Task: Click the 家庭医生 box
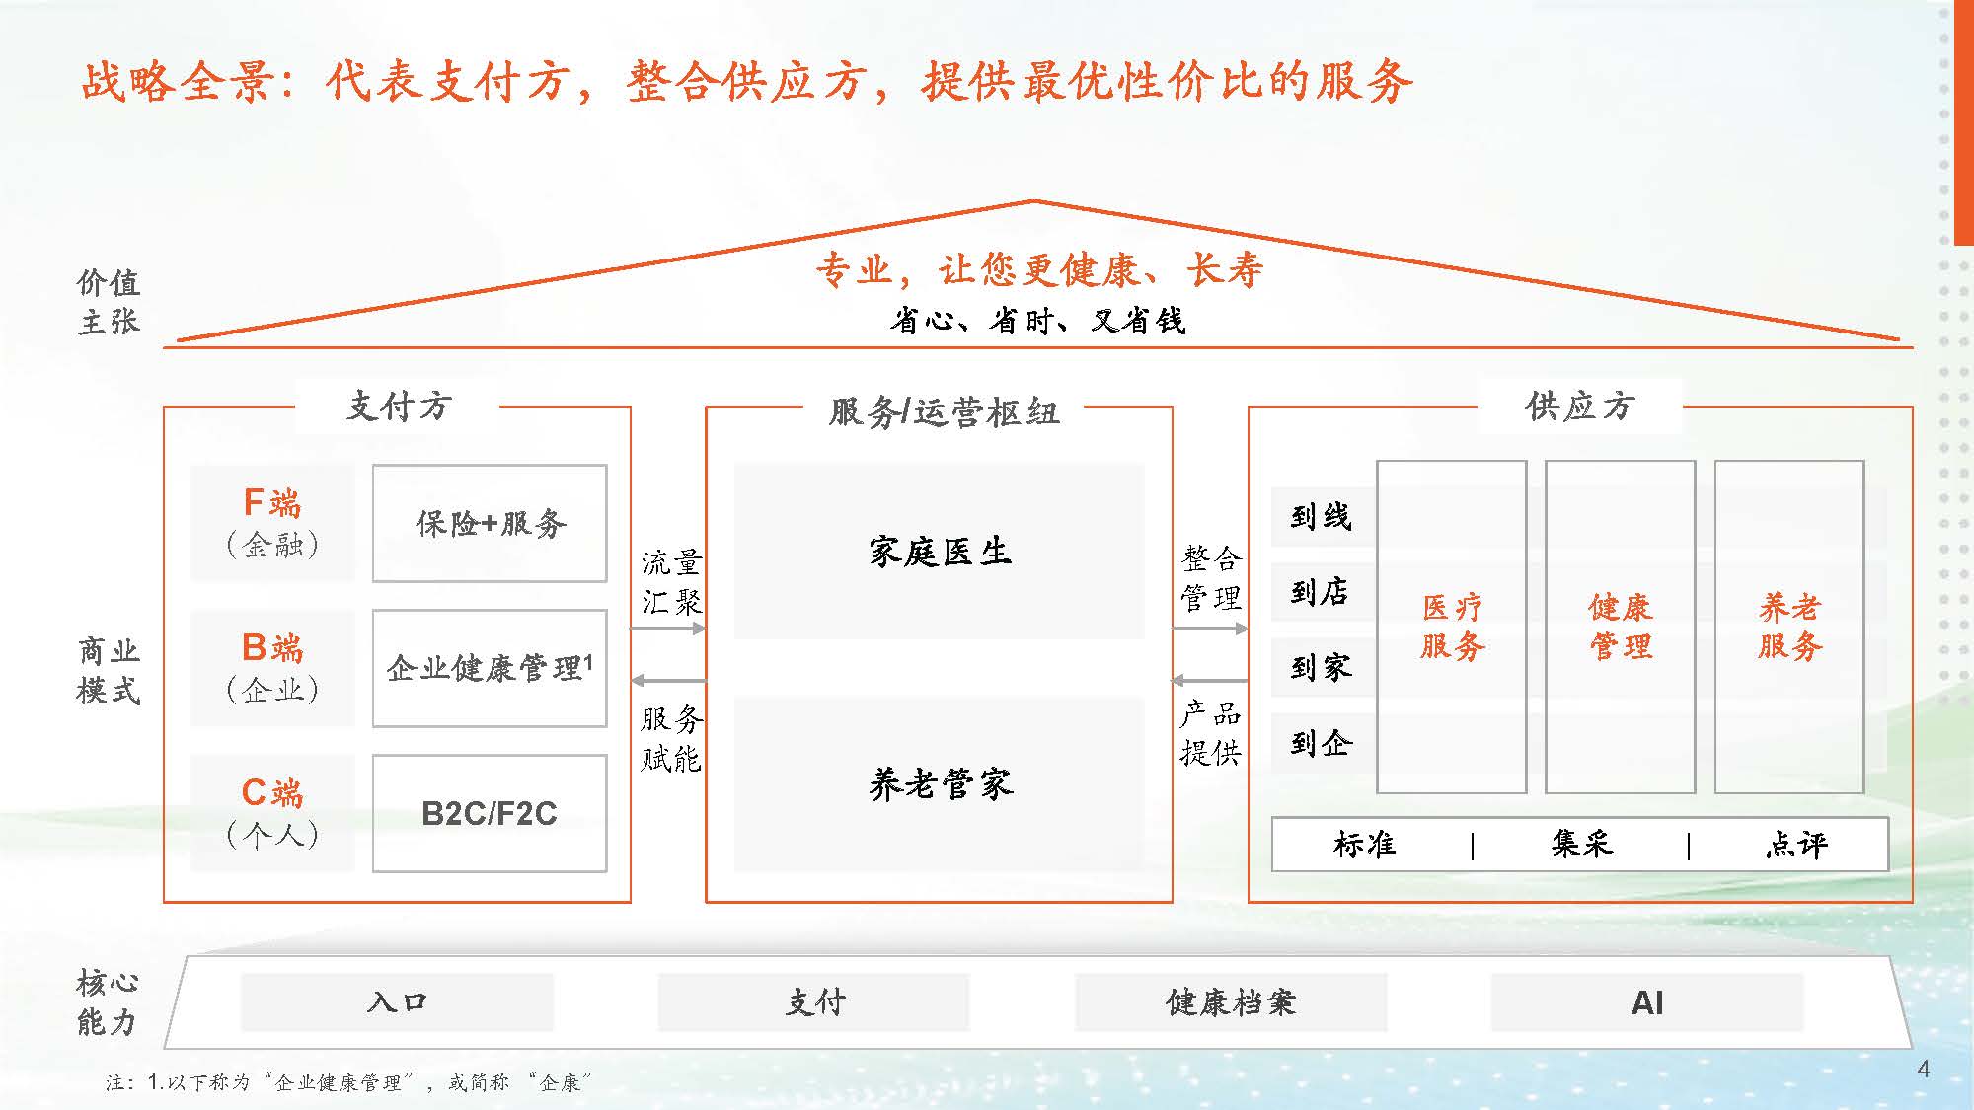tap(940, 552)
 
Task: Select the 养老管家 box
tap(940, 784)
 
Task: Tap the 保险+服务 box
tap(490, 523)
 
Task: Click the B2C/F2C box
tap(490, 813)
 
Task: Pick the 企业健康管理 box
tap(490, 668)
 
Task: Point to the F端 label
tap(272, 503)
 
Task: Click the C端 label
tap(272, 793)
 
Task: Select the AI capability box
tap(1646, 1002)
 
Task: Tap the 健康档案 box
tap(1230, 1002)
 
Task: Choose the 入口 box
tap(397, 1002)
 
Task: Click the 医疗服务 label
tap(1452, 627)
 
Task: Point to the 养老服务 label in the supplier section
tap(1789, 627)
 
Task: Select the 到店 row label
tap(1321, 592)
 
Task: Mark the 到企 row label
tap(1321, 743)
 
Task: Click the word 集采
tap(1581, 844)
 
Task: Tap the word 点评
tap(1796, 844)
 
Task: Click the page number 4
tap(1923, 1069)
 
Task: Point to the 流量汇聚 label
tap(671, 582)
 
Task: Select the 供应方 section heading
tap(1579, 406)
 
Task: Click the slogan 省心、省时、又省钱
tap(1036, 321)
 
